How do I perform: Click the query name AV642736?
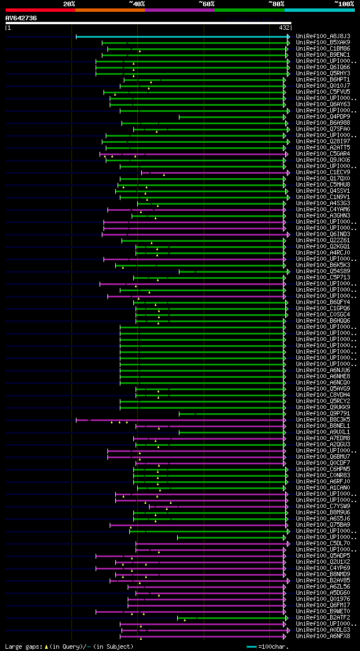(21, 18)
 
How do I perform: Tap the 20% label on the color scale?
(69, 3)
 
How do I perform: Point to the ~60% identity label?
(206, 3)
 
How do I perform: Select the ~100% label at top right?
(344, 3)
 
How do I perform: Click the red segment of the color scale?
(39, 10)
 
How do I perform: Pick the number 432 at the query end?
(284, 27)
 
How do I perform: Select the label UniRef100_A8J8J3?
(323, 36)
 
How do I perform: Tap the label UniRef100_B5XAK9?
(323, 42)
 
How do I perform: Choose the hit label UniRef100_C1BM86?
(323, 48)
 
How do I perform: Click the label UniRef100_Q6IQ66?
(323, 67)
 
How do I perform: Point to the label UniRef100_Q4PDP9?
(323, 116)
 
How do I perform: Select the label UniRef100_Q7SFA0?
(323, 129)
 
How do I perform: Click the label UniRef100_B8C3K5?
(323, 419)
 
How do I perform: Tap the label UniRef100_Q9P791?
(323, 413)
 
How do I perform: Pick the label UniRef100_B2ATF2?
(323, 617)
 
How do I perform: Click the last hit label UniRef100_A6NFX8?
(323, 636)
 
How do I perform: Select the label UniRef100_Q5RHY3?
(323, 73)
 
